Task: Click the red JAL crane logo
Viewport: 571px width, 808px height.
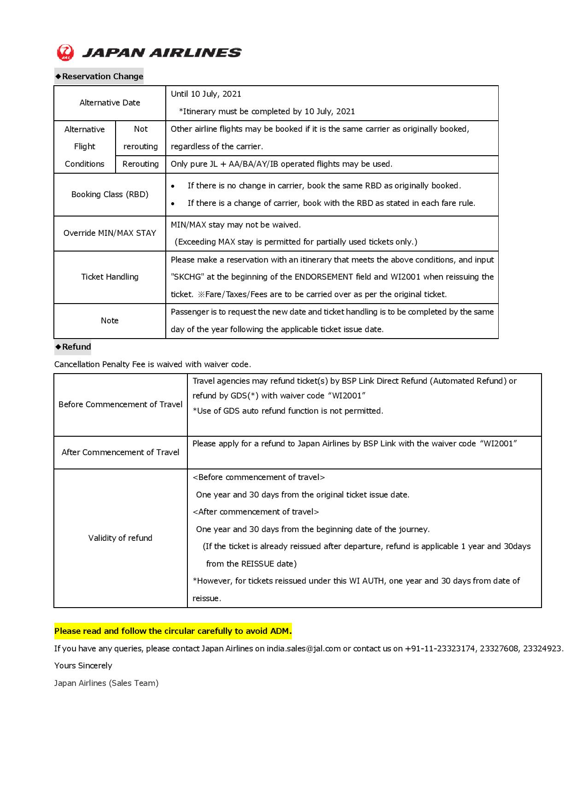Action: click(x=65, y=53)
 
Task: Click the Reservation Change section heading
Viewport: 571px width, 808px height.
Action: click(x=99, y=76)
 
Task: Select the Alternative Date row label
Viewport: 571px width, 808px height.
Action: click(x=110, y=103)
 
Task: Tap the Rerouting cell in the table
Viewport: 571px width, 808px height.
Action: click(x=140, y=164)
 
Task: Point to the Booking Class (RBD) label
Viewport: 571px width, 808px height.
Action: click(x=110, y=194)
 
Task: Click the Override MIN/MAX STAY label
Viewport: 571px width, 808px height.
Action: click(x=110, y=233)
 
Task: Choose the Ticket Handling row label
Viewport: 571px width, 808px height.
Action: click(x=110, y=277)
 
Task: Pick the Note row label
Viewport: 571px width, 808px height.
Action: click(x=110, y=321)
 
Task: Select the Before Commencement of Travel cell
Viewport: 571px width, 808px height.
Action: click(x=120, y=404)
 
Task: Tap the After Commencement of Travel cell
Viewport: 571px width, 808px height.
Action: click(x=120, y=452)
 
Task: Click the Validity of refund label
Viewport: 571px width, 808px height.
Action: click(x=120, y=538)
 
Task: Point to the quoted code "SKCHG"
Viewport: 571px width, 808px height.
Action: click(x=187, y=277)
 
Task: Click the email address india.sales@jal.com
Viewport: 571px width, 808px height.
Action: click(x=303, y=649)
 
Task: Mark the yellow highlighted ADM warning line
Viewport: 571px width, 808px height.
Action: click(x=173, y=631)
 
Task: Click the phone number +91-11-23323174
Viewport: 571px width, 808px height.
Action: click(x=440, y=649)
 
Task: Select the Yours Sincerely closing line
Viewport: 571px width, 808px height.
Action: click(x=83, y=666)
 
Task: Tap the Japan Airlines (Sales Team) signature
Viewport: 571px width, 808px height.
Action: click(x=106, y=683)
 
